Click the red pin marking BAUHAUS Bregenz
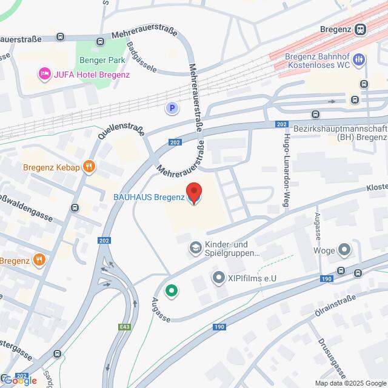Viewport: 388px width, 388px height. click(x=193, y=193)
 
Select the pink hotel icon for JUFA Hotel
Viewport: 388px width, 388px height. click(x=44, y=75)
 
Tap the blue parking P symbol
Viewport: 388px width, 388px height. click(x=173, y=109)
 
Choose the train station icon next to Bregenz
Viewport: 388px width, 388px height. click(x=361, y=29)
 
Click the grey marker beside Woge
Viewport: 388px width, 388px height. click(x=344, y=250)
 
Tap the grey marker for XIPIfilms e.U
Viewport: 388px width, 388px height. click(x=218, y=278)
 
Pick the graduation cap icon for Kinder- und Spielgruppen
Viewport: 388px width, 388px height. click(x=195, y=247)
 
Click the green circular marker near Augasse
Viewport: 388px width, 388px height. click(x=172, y=292)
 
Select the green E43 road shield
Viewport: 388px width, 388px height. click(x=124, y=327)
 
